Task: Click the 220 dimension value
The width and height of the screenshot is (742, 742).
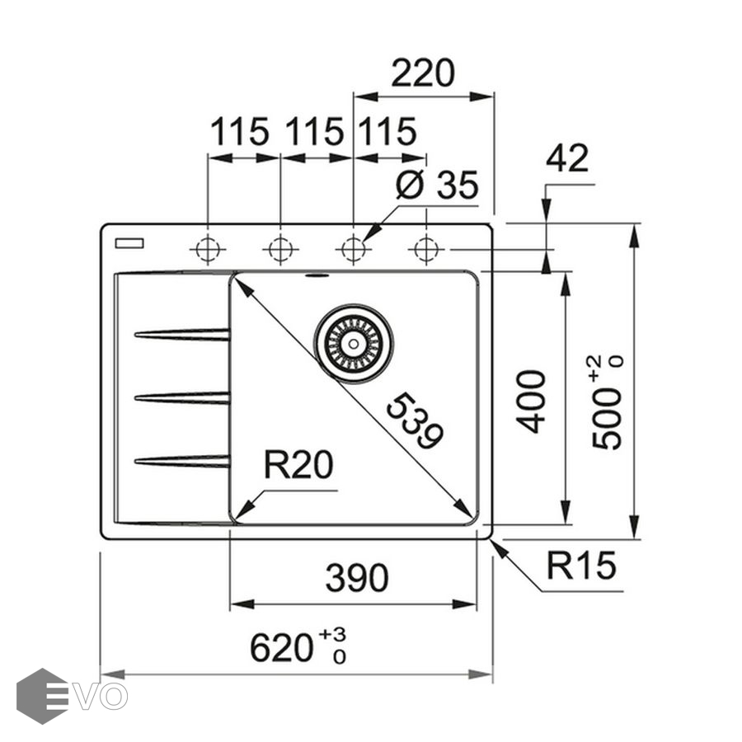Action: tap(422, 74)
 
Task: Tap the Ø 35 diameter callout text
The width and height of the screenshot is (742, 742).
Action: tap(436, 185)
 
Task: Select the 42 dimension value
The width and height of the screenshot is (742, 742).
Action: tap(567, 158)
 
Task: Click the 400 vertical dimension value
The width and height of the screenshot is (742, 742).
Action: tap(532, 402)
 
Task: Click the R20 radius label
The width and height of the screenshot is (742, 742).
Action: tap(298, 467)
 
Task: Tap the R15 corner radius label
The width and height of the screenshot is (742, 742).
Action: tap(581, 566)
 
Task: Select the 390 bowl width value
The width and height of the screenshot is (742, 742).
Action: tap(356, 578)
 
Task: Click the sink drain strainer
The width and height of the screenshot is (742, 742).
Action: tap(354, 344)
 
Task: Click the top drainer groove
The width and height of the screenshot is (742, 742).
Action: tap(182, 335)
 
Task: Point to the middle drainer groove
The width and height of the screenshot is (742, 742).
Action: tap(182, 398)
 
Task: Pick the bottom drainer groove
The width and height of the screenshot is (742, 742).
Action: tap(182, 461)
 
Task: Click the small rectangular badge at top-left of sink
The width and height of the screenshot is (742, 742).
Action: tap(129, 242)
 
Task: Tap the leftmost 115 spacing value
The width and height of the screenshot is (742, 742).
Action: tap(240, 132)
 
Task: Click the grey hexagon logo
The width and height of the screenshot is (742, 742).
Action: tap(41, 696)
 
